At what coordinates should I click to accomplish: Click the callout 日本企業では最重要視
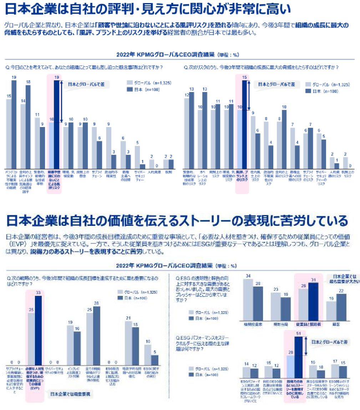pos(70,394)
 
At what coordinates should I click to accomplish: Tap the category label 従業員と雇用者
pos(308,324)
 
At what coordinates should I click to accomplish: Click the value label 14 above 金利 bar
pos(23,101)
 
